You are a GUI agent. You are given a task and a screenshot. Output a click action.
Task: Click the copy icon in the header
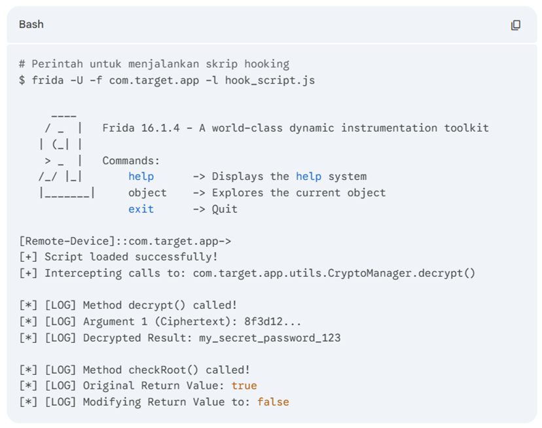coord(515,25)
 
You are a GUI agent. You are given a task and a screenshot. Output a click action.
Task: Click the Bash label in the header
coord(31,25)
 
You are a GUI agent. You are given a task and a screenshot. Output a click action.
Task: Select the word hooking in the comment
coord(267,64)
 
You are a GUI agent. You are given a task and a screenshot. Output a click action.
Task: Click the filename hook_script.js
coord(270,80)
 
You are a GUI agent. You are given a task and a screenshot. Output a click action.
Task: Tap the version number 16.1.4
coord(160,128)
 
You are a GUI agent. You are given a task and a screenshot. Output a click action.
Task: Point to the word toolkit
coord(466,128)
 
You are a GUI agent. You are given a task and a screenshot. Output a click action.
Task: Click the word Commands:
coord(131,160)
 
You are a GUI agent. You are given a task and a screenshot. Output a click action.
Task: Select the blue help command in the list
coord(141,176)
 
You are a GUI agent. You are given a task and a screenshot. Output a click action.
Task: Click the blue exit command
coord(141,209)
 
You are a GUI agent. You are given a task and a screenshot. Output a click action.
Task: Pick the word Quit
coord(225,209)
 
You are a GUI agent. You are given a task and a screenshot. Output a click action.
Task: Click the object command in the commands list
coord(147,192)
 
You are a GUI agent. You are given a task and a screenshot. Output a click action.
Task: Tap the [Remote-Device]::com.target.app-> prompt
coord(125,241)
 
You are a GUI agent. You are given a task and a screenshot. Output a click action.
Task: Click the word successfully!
coord(176,257)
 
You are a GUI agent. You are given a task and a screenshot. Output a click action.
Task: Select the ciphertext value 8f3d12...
coord(263,321)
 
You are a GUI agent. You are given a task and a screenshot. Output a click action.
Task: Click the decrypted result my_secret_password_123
coord(270,338)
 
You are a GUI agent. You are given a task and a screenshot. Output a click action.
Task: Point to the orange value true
coord(244,385)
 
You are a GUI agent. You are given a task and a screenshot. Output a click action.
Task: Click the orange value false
coord(273,402)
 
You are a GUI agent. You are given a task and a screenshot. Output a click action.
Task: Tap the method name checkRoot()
coord(164,370)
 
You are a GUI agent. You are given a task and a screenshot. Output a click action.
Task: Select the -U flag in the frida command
coord(77,80)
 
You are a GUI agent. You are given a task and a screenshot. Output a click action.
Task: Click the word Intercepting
coord(83,273)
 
